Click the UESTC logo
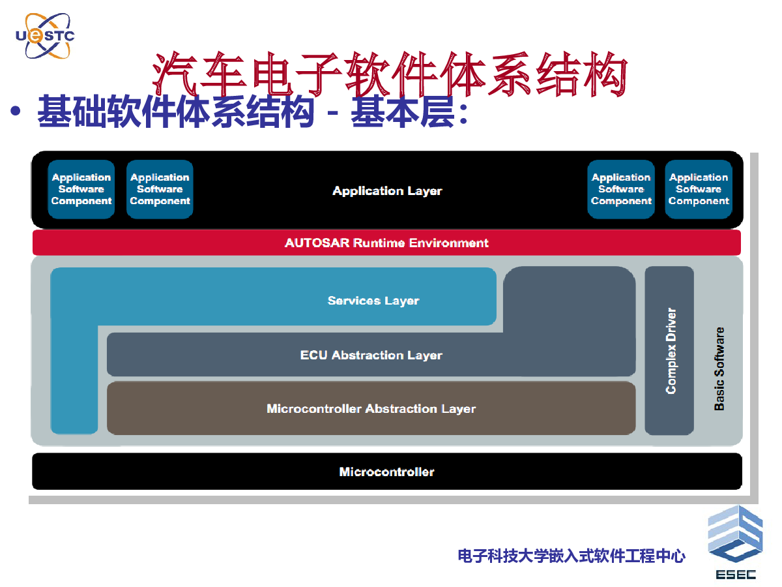(45, 36)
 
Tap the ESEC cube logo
(735, 534)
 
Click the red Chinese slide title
(390, 74)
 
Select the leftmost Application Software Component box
(81, 189)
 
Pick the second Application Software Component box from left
(160, 189)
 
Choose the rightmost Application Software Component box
(699, 189)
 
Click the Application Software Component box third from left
(621, 189)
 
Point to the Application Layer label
(387, 190)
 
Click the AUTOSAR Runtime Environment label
(386, 243)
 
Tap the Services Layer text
(373, 301)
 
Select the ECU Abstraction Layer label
(371, 355)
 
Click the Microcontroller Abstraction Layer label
(371, 408)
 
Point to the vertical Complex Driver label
(671, 351)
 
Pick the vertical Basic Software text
(719, 369)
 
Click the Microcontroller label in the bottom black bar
(386, 472)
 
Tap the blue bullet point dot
(16, 110)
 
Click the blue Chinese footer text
(572, 556)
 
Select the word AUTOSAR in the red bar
(317, 243)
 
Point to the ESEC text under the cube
(736, 575)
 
